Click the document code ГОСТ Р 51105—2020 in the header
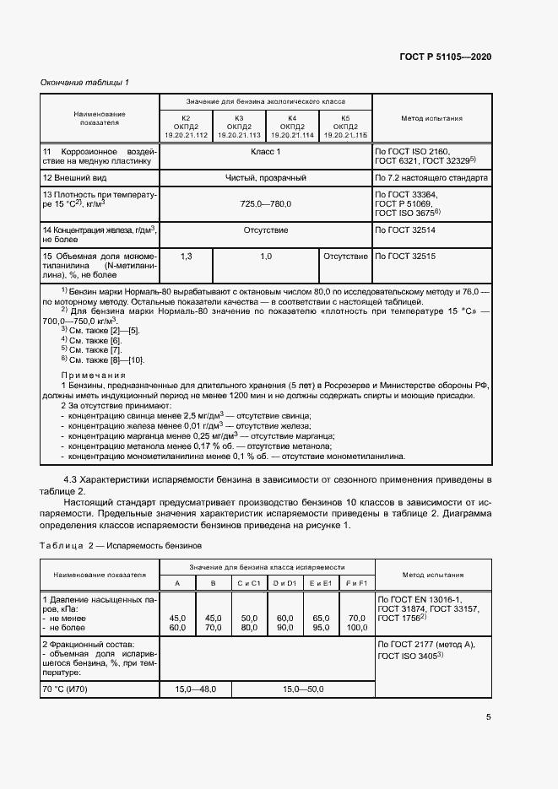point(445,57)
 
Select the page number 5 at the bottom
point(488,717)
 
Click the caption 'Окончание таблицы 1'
point(84,83)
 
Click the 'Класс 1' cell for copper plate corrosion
point(265,152)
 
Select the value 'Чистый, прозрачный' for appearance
point(265,179)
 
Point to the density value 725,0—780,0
point(265,204)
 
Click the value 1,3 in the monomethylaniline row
point(186,256)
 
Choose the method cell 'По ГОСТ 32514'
point(408,230)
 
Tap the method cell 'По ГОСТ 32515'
point(408,256)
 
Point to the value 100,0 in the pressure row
point(357,628)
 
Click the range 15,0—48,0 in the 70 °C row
point(196,689)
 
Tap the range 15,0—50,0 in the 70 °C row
point(304,689)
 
